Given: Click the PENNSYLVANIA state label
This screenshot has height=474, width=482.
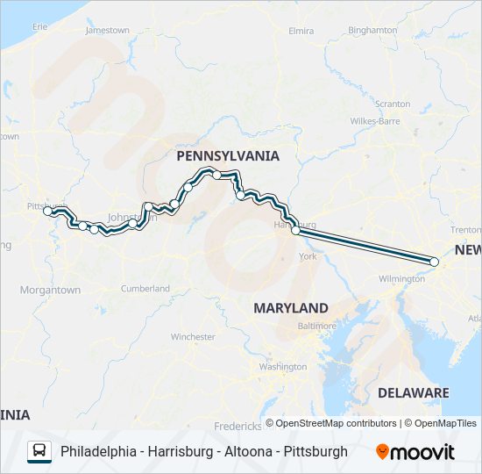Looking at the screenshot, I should [228, 156].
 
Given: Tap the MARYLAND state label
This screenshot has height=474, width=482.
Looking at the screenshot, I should [291, 308].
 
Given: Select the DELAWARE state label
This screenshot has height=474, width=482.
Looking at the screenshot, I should [413, 392].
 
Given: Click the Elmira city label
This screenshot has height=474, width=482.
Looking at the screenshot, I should [301, 31].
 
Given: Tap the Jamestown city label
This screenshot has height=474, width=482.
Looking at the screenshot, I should [107, 31].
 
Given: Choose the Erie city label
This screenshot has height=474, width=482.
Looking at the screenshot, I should [39, 27].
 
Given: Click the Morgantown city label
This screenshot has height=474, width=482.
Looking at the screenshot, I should [50, 290].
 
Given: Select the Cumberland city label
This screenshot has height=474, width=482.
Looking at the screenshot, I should [145, 288].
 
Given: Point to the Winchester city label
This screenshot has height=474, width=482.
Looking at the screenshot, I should [193, 337].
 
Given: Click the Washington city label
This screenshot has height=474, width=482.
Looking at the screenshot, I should [282, 366].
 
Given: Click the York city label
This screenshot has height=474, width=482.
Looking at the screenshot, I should [307, 257].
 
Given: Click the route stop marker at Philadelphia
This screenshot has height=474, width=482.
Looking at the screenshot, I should [434, 261].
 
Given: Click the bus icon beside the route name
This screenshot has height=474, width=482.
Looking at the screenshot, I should [39, 451].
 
